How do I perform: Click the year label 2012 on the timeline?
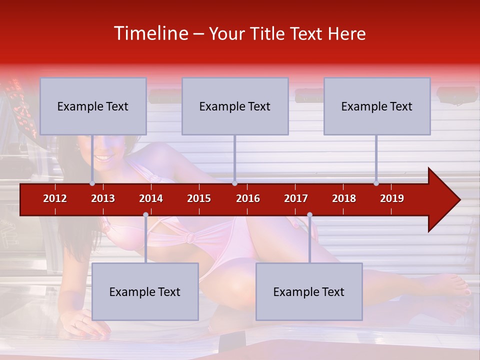point(55,199)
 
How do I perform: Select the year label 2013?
point(103,199)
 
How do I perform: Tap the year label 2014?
point(151,199)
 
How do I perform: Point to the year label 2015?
point(199,199)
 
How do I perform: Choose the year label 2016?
point(248,199)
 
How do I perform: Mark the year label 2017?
point(296,199)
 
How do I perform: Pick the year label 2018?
point(344,199)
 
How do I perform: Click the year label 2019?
point(392,199)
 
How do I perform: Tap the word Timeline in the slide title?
point(150,33)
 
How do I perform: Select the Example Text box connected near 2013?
point(93,106)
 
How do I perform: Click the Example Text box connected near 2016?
point(235,106)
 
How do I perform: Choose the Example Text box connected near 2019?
point(377,106)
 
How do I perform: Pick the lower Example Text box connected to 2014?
point(145,292)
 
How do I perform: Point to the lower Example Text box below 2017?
point(309,292)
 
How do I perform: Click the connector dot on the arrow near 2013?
point(92,183)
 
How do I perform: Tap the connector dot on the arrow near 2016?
point(234,183)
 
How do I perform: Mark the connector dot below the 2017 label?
point(309,215)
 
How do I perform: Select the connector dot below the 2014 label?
point(145,215)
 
